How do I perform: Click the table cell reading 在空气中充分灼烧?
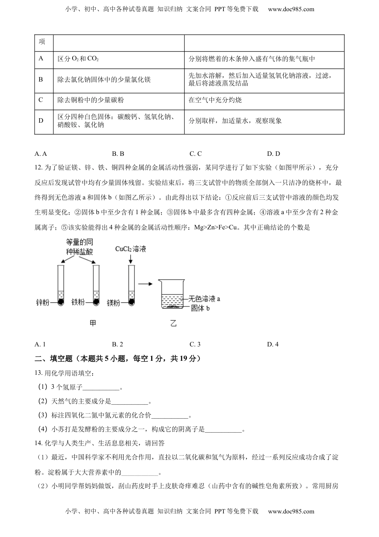point(215,100)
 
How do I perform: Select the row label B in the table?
point(41,79)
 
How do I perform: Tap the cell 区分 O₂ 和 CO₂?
point(78,59)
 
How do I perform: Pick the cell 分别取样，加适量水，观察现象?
point(235,121)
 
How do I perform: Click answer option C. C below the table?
point(195,153)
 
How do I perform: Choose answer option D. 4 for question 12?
point(273,344)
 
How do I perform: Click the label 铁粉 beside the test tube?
point(78,302)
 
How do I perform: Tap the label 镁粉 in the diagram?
point(114,303)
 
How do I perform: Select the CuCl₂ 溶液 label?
point(130,249)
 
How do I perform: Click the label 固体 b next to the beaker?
point(200,308)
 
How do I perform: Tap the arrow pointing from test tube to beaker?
point(145,284)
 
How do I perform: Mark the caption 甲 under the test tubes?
point(93,323)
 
